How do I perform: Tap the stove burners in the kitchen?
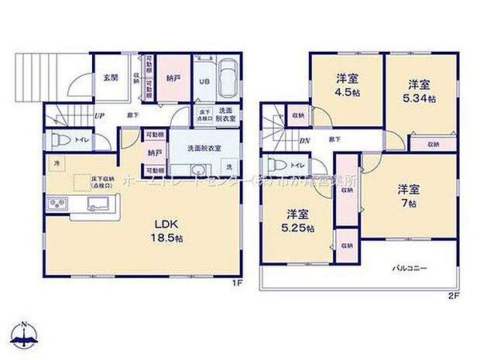click(x=57, y=206)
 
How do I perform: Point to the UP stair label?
click(x=100, y=116)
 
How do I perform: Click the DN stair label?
click(x=305, y=141)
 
